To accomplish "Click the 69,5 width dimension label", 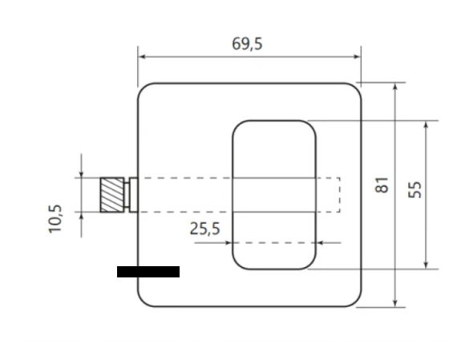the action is click(x=247, y=44).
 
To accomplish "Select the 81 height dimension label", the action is click(x=382, y=185).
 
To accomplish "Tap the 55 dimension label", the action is click(x=415, y=189).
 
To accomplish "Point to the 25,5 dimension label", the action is click(x=204, y=229).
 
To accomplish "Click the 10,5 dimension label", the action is click(x=55, y=219).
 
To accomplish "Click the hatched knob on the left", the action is click(x=112, y=195).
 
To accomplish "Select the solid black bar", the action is click(x=148, y=272).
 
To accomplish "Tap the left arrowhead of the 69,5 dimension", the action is click(x=142, y=57).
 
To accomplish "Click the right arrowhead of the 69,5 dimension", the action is click(x=357, y=57).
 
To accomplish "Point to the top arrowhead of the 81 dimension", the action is click(x=395, y=87).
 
